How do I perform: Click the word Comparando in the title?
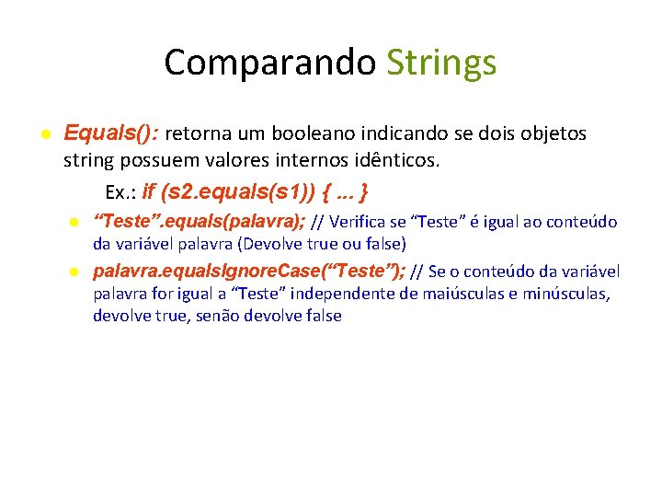tap(269, 63)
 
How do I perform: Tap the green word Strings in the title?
tap(441, 63)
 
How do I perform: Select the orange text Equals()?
tap(110, 133)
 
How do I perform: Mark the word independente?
tap(354, 294)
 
